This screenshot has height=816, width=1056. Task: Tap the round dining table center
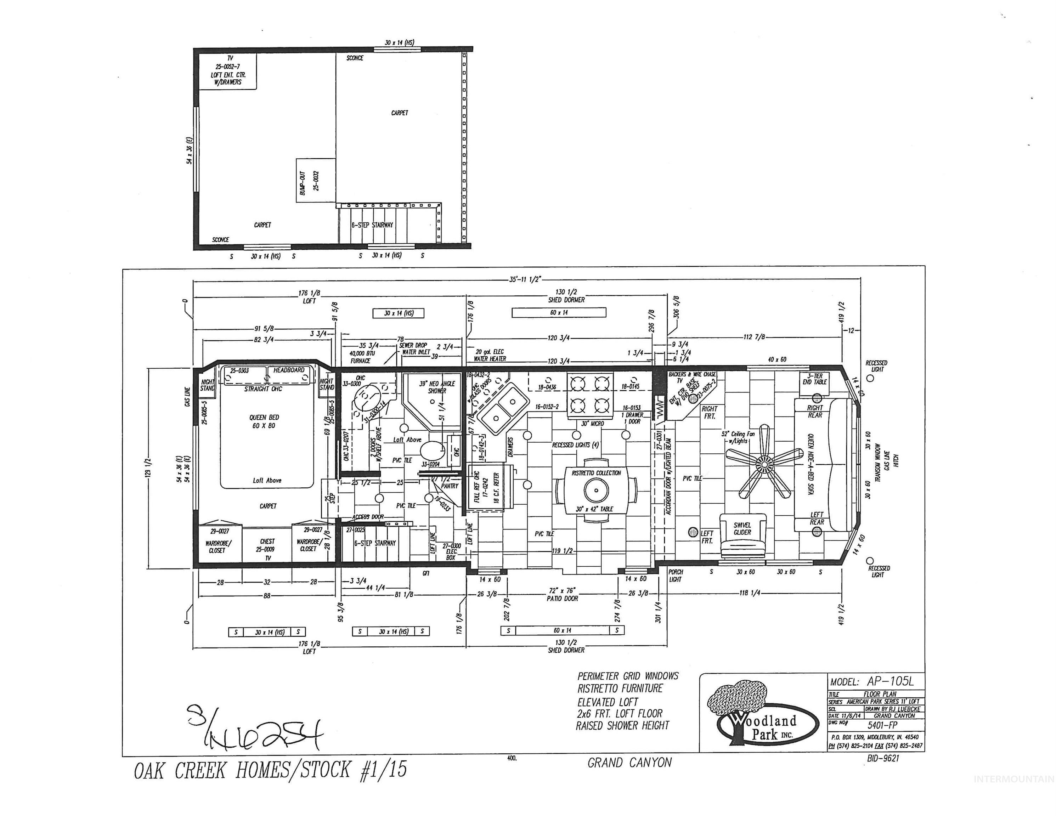pyautogui.click(x=596, y=490)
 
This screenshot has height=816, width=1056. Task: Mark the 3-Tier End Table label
pyautogui.click(x=815, y=379)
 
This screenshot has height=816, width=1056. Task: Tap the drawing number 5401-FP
pyautogui.click(x=882, y=725)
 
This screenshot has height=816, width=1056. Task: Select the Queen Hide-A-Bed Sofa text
pyautogui.click(x=811, y=464)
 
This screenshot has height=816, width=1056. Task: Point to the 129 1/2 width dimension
pyautogui.click(x=148, y=468)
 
